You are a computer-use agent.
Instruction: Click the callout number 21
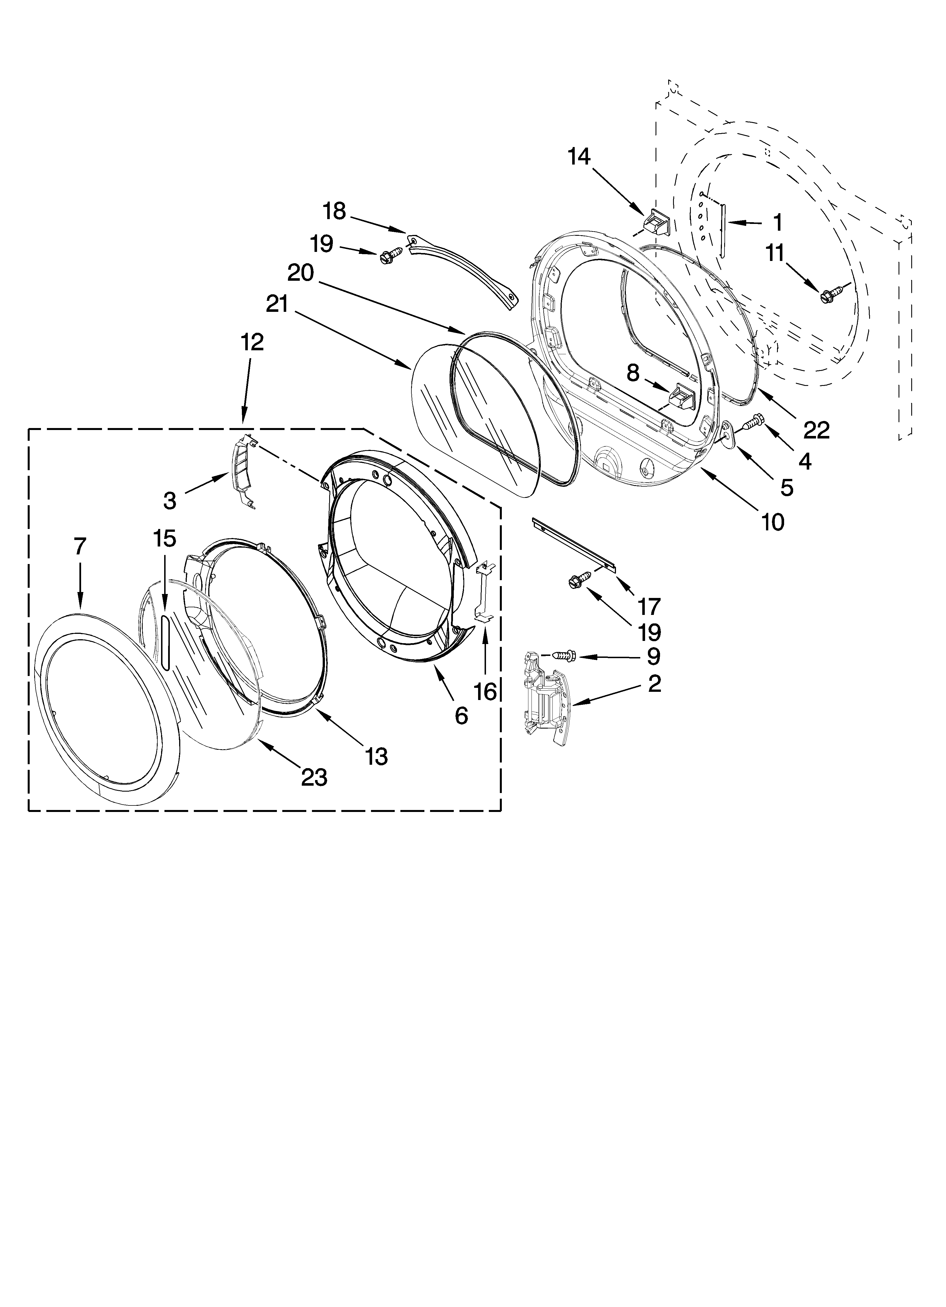[277, 304]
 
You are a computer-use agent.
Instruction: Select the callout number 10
[772, 522]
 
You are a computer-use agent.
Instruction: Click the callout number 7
[79, 546]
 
